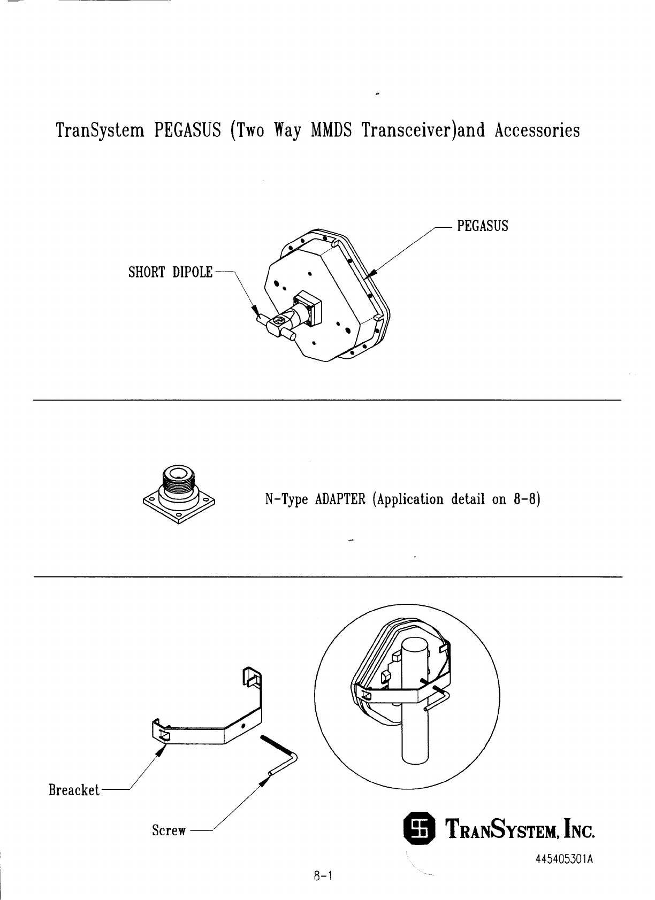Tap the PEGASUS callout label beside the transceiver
tap(482, 226)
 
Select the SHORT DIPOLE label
tap(170, 273)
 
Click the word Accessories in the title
tap(537, 130)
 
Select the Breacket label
tap(74, 790)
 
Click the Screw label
tap(169, 830)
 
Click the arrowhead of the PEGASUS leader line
tap(374, 273)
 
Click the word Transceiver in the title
tap(408, 130)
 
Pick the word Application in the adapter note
tap(409, 500)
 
